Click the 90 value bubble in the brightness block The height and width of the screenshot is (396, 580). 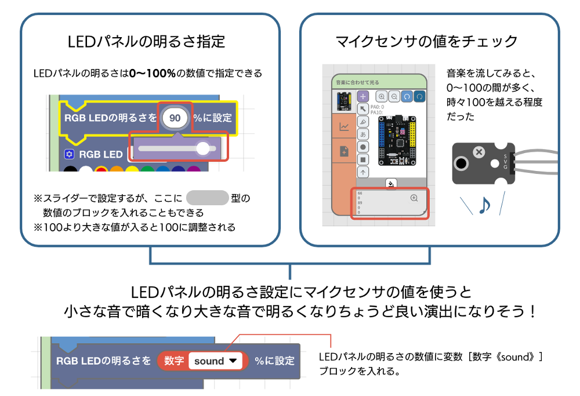175,118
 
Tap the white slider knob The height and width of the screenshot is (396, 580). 202,148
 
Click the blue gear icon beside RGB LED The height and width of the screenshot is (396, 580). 70,154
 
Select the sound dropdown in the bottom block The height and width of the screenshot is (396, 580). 216,361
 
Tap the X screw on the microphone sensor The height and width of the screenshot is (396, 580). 478,152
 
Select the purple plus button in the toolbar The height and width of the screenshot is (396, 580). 363,96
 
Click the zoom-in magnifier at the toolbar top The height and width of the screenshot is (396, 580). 382,96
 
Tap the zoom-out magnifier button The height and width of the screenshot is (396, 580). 394,96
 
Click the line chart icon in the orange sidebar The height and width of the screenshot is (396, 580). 344,127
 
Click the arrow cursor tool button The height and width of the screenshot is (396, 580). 363,109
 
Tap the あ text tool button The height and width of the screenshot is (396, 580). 363,134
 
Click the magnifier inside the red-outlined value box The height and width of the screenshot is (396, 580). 414,198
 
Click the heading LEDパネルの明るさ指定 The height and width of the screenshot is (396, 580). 146,42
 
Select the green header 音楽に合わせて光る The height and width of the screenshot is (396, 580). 379,82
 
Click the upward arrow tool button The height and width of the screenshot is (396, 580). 363,172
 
